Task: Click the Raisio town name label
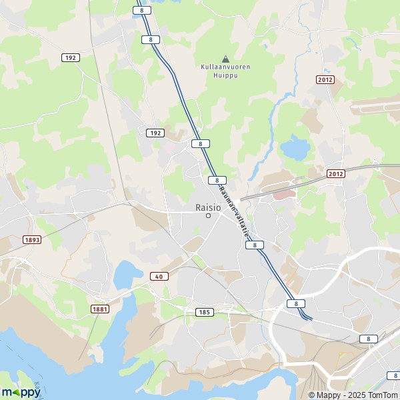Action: point(208,206)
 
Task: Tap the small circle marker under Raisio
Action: point(208,215)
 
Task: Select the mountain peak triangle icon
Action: point(225,58)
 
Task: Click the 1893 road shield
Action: point(32,239)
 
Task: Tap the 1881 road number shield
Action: point(99,309)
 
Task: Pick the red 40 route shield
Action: point(159,277)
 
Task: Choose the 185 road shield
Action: point(204,312)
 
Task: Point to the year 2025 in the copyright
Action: point(351,395)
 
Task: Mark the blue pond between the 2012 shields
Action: point(293,147)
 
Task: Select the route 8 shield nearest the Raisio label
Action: point(217,180)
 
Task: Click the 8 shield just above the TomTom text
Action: point(393,375)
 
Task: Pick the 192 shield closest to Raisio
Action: point(155,133)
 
